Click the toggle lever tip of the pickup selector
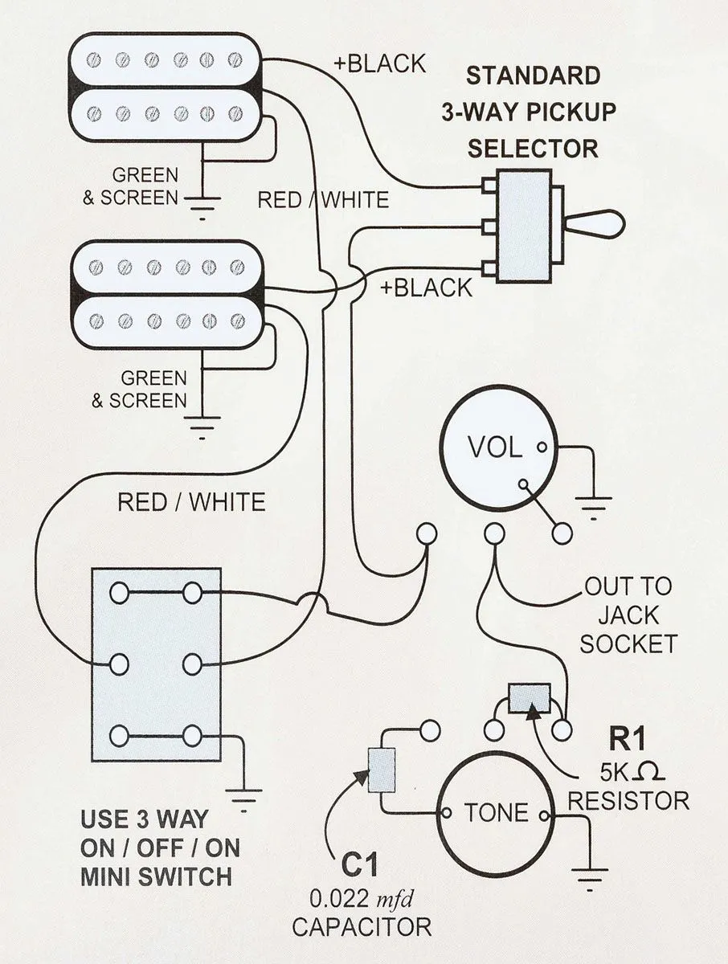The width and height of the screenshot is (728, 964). point(611,223)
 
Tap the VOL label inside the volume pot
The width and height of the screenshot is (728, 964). point(493,447)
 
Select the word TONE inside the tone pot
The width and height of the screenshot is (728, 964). point(496,813)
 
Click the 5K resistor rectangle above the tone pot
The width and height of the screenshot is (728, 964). point(530,696)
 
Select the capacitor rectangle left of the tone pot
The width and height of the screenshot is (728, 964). point(381,770)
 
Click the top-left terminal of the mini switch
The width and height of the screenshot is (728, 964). point(120,594)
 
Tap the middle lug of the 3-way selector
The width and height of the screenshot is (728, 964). point(489,227)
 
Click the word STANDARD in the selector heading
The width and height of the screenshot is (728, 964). point(533,76)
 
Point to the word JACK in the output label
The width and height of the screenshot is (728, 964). point(629,615)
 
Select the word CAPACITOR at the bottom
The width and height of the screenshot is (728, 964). point(362,926)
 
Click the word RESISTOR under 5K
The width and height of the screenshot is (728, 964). point(628,800)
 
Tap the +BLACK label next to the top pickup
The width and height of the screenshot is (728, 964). point(379,64)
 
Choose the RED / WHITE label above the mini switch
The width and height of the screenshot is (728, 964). point(191,503)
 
